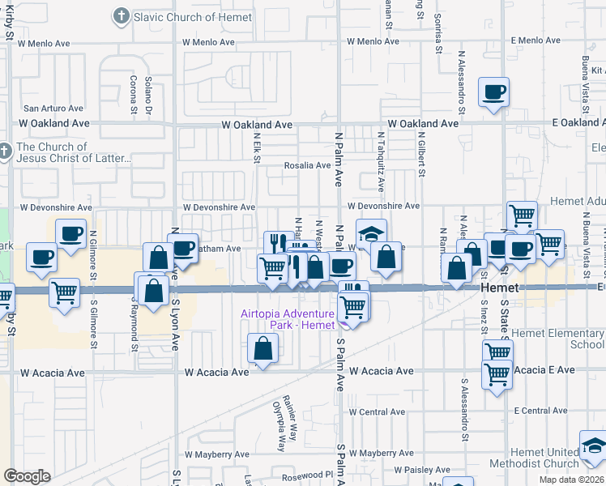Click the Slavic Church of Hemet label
pyautogui.click(x=187, y=16)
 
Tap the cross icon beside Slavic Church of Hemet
pyautogui.click(x=122, y=15)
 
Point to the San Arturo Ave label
pyautogui.click(x=53, y=108)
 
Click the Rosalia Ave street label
pyautogui.click(x=307, y=165)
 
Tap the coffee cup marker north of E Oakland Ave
pyautogui.click(x=493, y=92)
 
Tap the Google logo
pyautogui.click(x=27, y=475)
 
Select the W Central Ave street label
pyautogui.click(x=377, y=411)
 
